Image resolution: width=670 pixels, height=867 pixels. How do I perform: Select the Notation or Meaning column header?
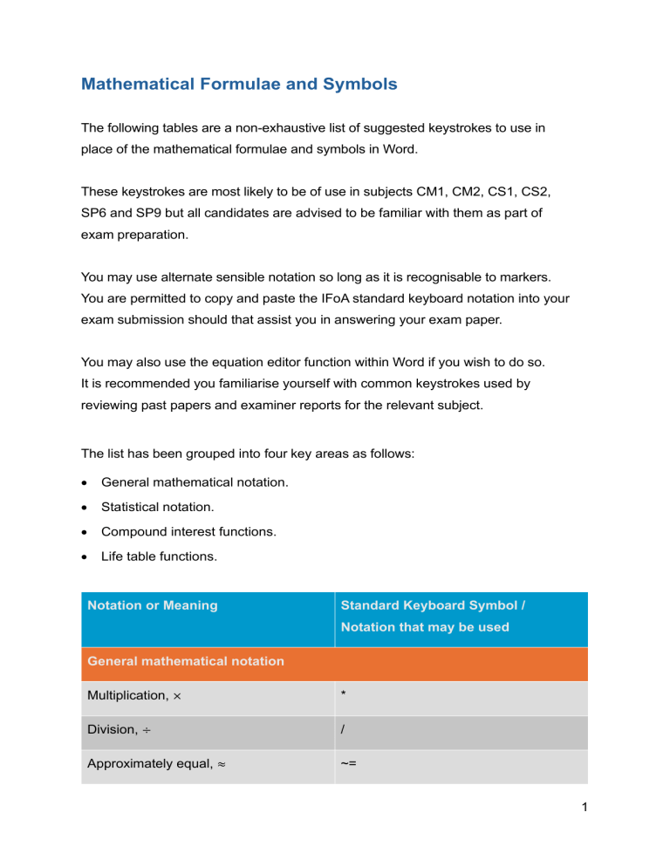tap(153, 604)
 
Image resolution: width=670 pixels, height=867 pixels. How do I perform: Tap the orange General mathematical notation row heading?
tap(186, 661)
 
